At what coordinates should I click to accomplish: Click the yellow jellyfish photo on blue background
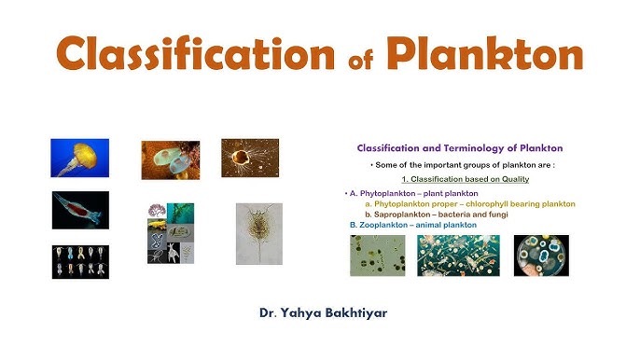(x=79, y=159)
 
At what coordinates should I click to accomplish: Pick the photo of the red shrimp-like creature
(x=80, y=210)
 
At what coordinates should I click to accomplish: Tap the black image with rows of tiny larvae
(x=80, y=261)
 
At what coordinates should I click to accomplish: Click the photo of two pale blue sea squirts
(x=170, y=159)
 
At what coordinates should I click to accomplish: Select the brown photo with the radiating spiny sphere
(x=250, y=158)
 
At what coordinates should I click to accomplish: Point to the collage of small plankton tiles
(x=171, y=233)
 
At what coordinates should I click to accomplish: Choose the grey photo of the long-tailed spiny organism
(x=258, y=233)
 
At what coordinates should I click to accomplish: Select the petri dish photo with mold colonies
(x=541, y=256)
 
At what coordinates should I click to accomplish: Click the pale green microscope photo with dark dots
(x=378, y=256)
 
